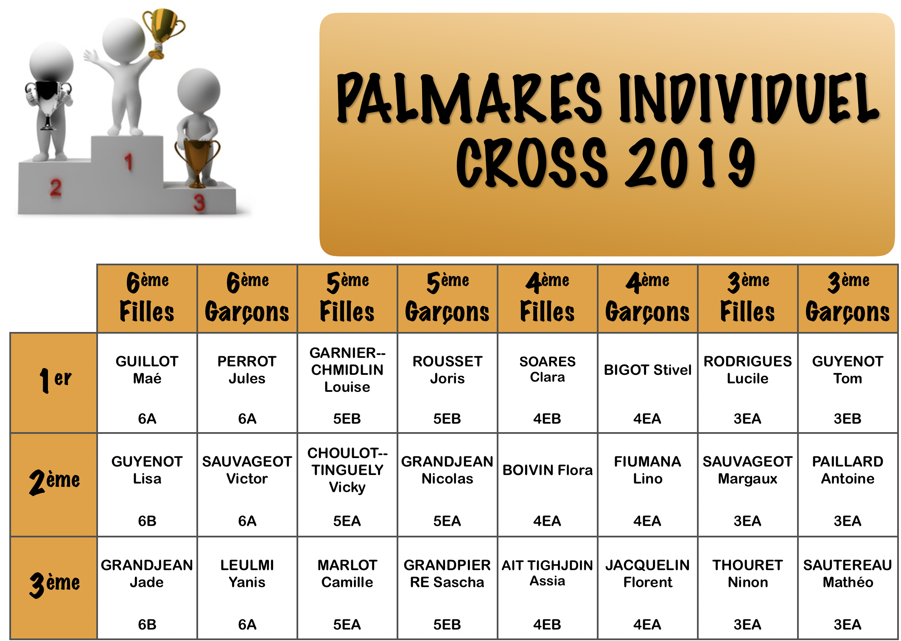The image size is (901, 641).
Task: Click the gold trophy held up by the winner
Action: click(163, 32)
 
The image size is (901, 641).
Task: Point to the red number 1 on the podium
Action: click(129, 162)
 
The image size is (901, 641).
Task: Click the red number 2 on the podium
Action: click(56, 188)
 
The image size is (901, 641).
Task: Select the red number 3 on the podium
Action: click(199, 203)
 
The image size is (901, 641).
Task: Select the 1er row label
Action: click(55, 380)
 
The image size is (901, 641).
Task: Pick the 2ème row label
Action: click(54, 482)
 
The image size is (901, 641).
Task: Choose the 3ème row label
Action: click(54, 584)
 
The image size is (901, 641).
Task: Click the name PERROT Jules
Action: click(247, 370)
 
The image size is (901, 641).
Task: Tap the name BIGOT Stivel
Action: click(648, 370)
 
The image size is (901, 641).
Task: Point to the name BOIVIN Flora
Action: click(548, 470)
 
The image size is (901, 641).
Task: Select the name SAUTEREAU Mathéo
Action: click(848, 574)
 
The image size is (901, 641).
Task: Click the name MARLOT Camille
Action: click(347, 574)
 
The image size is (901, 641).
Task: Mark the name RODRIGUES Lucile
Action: click(747, 370)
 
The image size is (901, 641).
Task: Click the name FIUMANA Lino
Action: click(648, 470)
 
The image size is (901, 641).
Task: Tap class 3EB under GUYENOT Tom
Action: click(848, 419)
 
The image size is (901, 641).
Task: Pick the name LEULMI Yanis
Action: click(247, 574)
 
